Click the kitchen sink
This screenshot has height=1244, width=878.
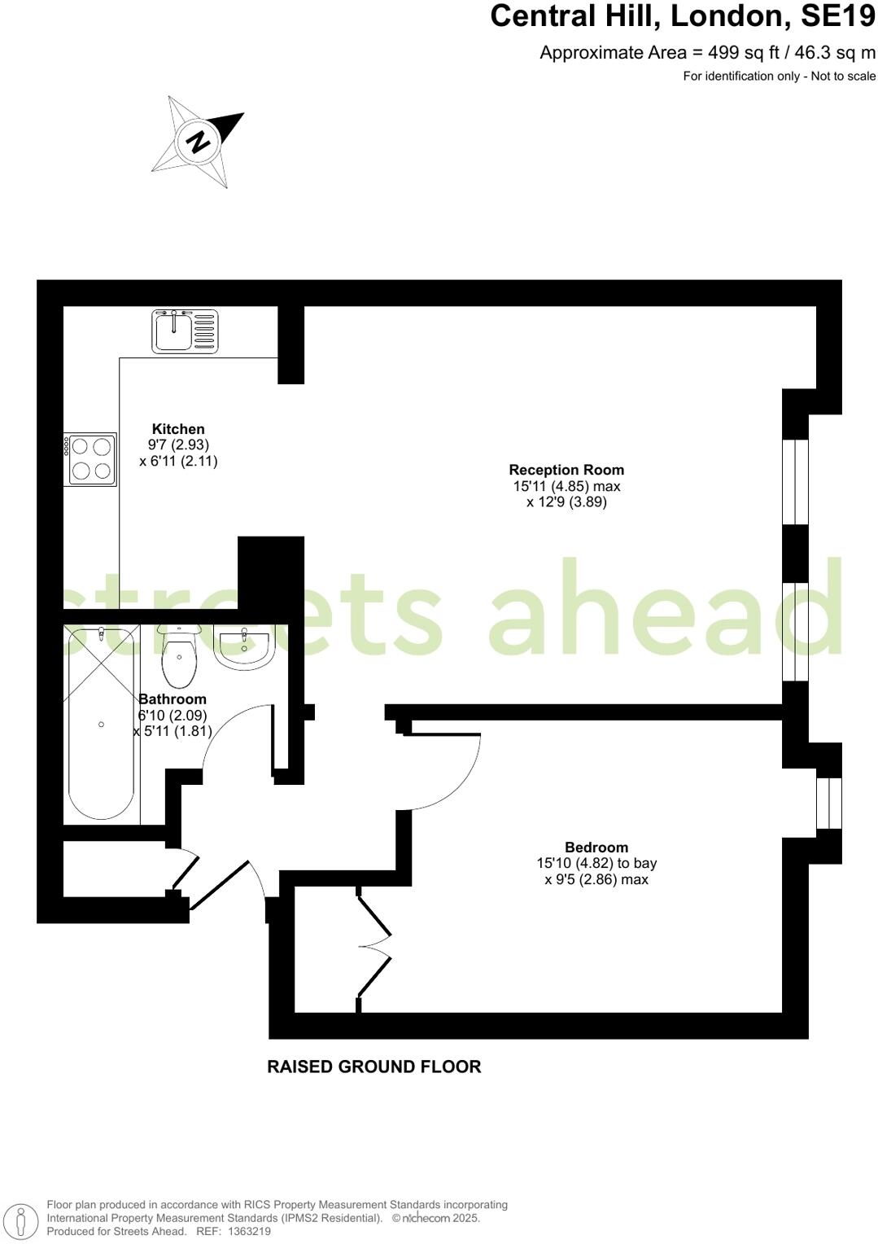(185, 331)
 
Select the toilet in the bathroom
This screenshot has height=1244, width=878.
(179, 659)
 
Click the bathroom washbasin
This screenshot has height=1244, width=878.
(244, 647)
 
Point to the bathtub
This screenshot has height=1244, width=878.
(101, 724)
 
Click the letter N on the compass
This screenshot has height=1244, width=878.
(198, 141)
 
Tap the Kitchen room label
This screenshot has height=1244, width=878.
(178, 429)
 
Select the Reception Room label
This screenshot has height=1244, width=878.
(566, 470)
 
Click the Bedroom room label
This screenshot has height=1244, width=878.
(596, 847)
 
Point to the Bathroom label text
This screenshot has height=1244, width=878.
(173, 699)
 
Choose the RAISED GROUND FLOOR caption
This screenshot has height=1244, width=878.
(374, 1067)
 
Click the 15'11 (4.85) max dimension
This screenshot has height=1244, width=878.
(566, 486)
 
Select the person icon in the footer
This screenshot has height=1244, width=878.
(24, 1220)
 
